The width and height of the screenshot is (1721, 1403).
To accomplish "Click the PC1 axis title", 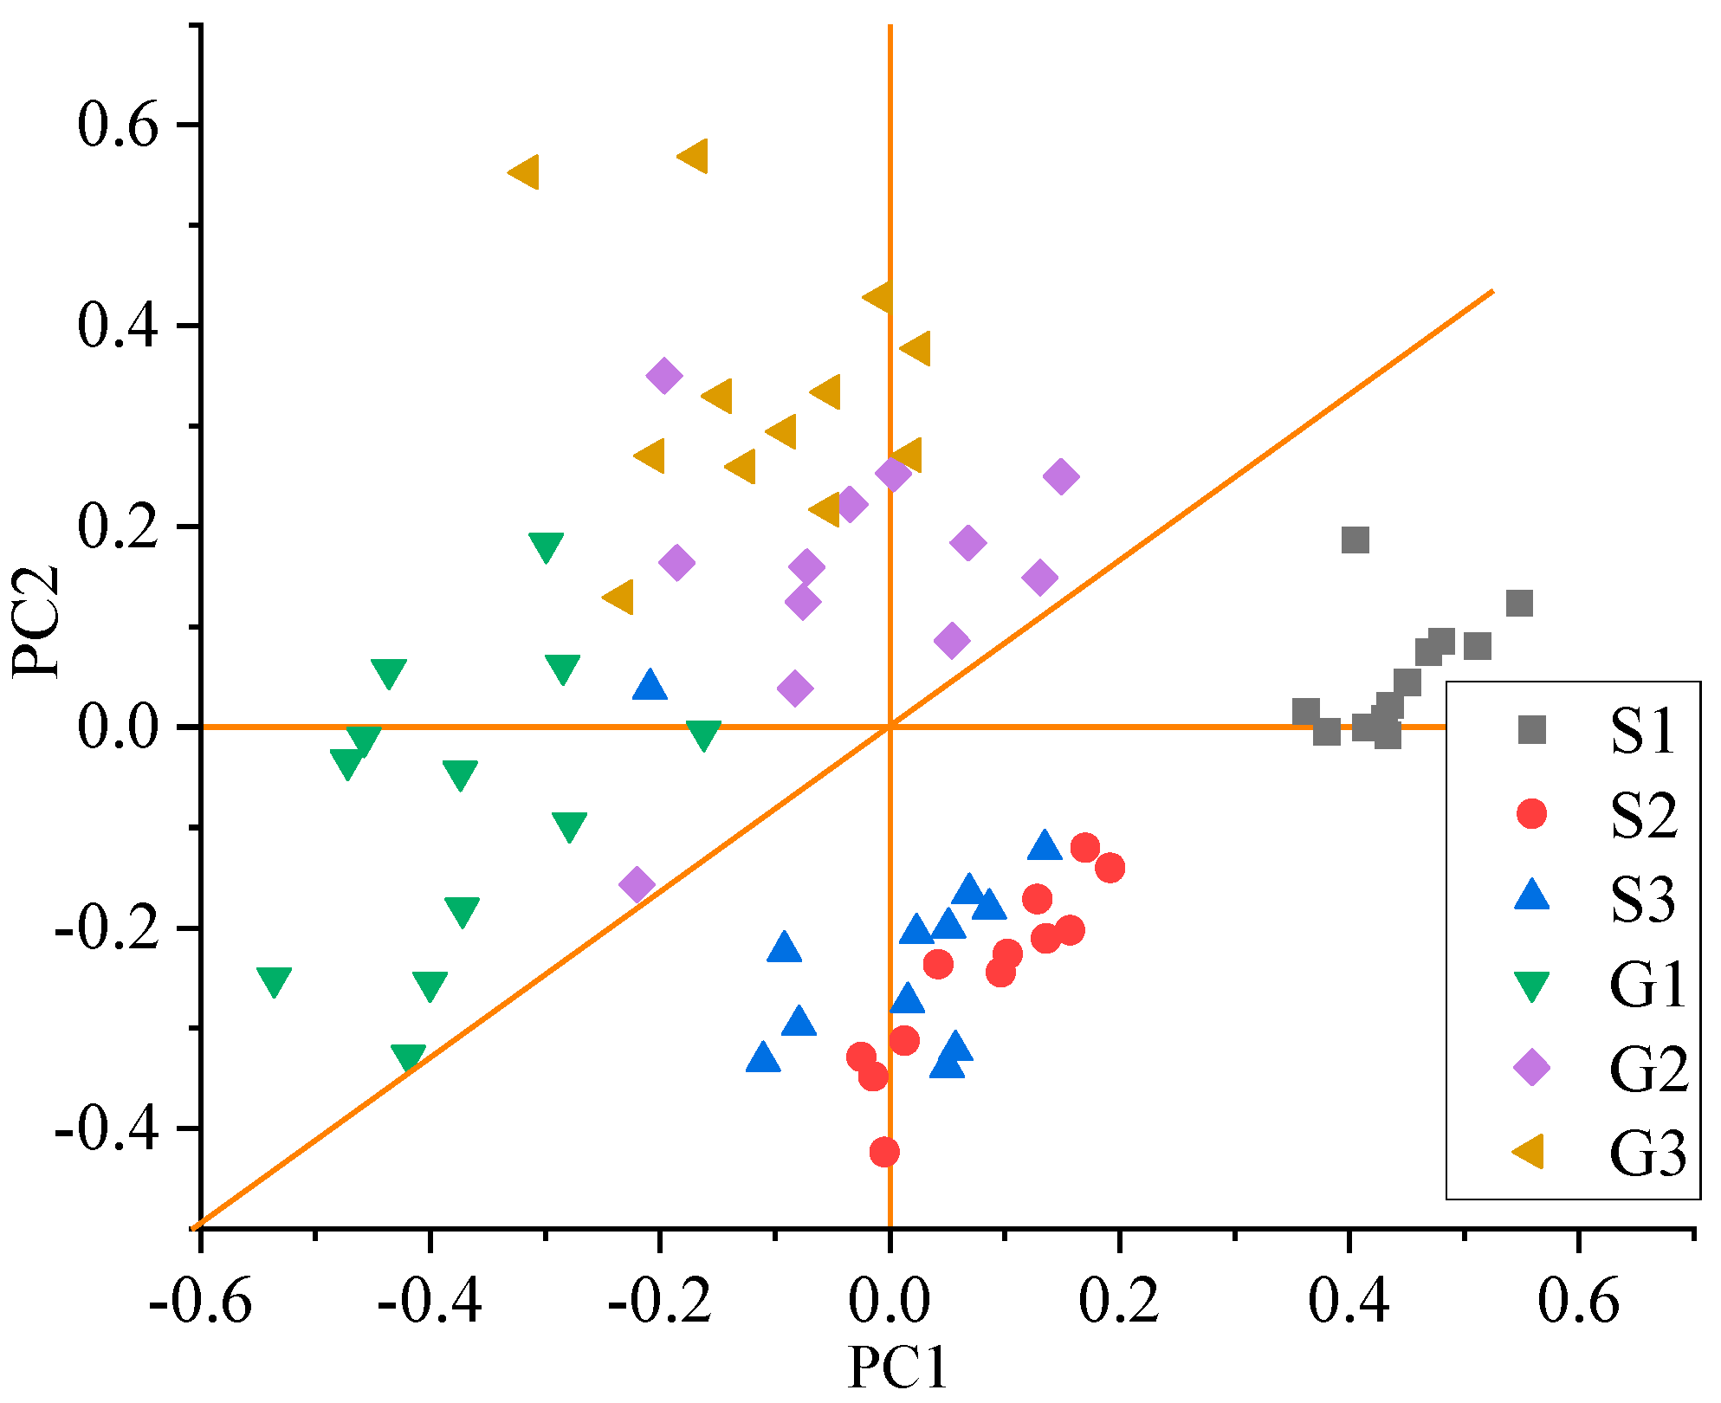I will pyautogui.click(x=897, y=1367).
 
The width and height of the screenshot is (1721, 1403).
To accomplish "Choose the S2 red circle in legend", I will pyautogui.click(x=1531, y=813).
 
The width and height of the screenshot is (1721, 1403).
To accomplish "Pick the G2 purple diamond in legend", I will pyautogui.click(x=1531, y=1068).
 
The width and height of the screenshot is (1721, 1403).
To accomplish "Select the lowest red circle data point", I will pyautogui.click(x=883, y=1152).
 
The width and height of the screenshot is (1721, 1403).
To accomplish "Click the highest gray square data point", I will pyautogui.click(x=1355, y=540).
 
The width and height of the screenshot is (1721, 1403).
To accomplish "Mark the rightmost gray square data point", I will pyautogui.click(x=1519, y=604).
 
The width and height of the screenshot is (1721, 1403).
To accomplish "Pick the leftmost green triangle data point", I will pyautogui.click(x=274, y=981).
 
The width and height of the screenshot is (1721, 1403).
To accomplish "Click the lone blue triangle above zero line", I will pyautogui.click(x=650, y=685).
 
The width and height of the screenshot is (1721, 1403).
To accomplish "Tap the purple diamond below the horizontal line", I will pyautogui.click(x=637, y=885).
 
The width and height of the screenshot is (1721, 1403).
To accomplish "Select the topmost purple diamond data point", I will pyautogui.click(x=664, y=376).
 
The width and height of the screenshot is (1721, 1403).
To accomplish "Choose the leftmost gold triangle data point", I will pyautogui.click(x=524, y=172).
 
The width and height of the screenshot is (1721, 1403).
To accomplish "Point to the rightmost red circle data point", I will pyautogui.click(x=1110, y=868).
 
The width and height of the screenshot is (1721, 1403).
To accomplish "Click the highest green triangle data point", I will pyautogui.click(x=546, y=546).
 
